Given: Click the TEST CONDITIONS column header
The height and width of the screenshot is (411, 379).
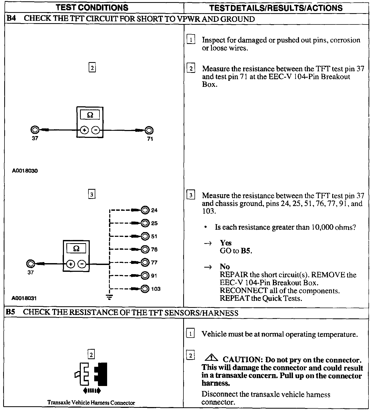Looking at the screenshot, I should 92,7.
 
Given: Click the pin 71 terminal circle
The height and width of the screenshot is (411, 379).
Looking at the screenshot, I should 149,130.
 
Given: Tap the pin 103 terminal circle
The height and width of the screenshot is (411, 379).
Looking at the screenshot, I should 145,289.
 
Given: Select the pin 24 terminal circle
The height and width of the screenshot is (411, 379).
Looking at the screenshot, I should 145,210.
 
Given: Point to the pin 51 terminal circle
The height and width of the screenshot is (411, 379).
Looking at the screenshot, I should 145,236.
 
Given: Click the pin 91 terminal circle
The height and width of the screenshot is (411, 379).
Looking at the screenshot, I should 145,275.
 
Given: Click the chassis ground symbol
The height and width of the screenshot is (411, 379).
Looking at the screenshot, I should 109,298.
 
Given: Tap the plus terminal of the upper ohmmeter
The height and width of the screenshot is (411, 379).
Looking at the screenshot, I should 84,130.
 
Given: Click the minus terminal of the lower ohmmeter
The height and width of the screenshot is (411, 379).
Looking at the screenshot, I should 82,264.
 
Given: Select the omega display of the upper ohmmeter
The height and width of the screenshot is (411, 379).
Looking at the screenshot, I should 90,115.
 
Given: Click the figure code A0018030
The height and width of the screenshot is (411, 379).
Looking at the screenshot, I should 25,171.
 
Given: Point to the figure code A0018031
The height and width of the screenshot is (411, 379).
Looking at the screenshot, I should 24,298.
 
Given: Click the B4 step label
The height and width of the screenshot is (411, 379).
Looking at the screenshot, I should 11,19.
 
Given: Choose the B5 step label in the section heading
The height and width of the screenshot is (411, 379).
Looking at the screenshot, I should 10,312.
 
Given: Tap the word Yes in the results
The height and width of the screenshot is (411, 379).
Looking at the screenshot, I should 226,243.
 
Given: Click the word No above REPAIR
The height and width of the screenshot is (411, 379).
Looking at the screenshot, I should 225,267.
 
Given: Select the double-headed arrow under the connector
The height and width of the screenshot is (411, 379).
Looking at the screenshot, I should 92,391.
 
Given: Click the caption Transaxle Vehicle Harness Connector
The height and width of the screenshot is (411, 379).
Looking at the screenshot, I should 91,403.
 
